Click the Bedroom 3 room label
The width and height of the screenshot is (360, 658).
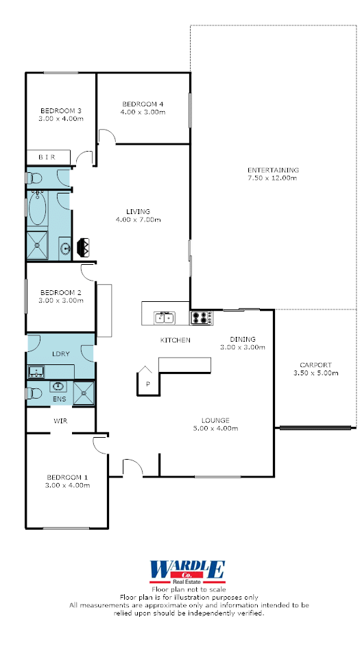click(61, 110)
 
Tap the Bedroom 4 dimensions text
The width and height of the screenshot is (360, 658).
click(144, 112)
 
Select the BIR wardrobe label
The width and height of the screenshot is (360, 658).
click(47, 157)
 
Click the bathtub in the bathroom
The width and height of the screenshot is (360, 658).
click(37, 208)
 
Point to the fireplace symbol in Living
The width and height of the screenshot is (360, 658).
click(84, 247)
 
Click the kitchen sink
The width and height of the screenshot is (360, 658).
click(165, 318)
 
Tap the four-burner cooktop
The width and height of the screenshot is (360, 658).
click(202, 318)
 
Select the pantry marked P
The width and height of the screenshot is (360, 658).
click(147, 381)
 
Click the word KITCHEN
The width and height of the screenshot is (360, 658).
click(176, 340)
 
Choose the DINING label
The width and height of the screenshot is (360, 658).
click(243, 339)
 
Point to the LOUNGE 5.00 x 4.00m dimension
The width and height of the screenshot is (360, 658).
click(216, 428)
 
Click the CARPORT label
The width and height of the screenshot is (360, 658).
click(315, 365)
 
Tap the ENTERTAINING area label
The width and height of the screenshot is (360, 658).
click(273, 170)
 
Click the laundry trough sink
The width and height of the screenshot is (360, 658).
click(36, 372)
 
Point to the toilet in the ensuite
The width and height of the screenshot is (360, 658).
click(34, 394)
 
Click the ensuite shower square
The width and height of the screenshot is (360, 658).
click(84, 394)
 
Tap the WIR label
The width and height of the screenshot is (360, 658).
click(60, 421)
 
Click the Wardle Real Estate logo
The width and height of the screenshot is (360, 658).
click(188, 572)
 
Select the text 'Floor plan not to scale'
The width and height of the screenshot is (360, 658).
click(189, 589)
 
